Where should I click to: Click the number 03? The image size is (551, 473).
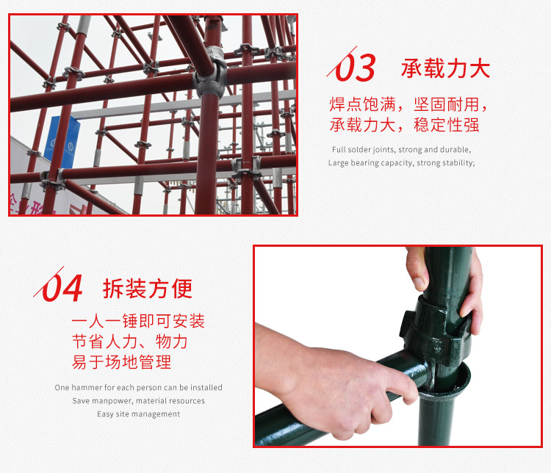pyautogui.click(x=356, y=69)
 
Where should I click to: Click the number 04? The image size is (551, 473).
pyautogui.click(x=62, y=288)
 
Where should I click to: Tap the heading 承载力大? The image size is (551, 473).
pyautogui.click(x=445, y=69)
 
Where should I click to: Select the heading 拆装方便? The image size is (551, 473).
pyautogui.click(x=148, y=289)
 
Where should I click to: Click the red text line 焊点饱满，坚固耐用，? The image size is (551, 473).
pyautogui.click(x=408, y=105)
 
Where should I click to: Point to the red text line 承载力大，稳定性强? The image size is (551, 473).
pyautogui.click(x=404, y=125)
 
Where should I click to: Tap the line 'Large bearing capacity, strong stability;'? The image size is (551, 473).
pyautogui.click(x=401, y=163)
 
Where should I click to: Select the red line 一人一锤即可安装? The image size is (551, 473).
pyautogui.click(x=138, y=322)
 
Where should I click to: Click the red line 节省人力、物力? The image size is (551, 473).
pyautogui.click(x=130, y=342)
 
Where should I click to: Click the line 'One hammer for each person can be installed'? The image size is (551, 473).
pyautogui.click(x=138, y=388)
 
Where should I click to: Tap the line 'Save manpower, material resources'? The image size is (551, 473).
pyautogui.click(x=138, y=401)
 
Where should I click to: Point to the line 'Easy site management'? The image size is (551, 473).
pyautogui.click(x=138, y=414)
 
